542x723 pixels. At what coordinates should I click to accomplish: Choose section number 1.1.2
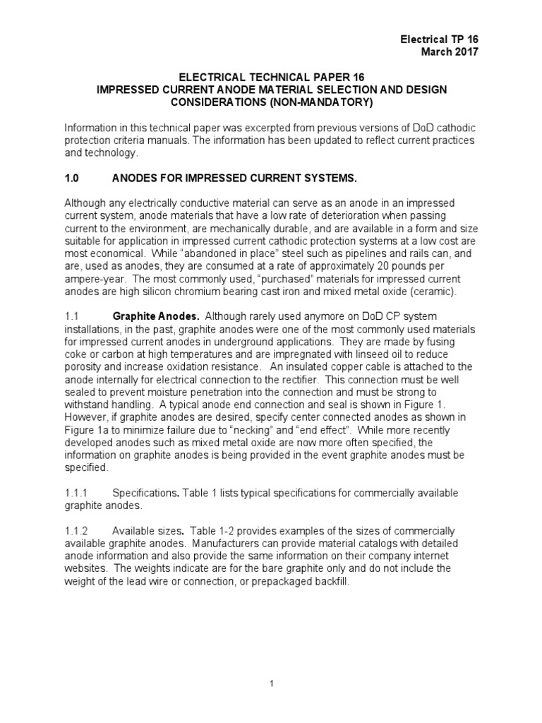pos(76,530)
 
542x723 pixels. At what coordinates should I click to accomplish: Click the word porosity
pos(83,366)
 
